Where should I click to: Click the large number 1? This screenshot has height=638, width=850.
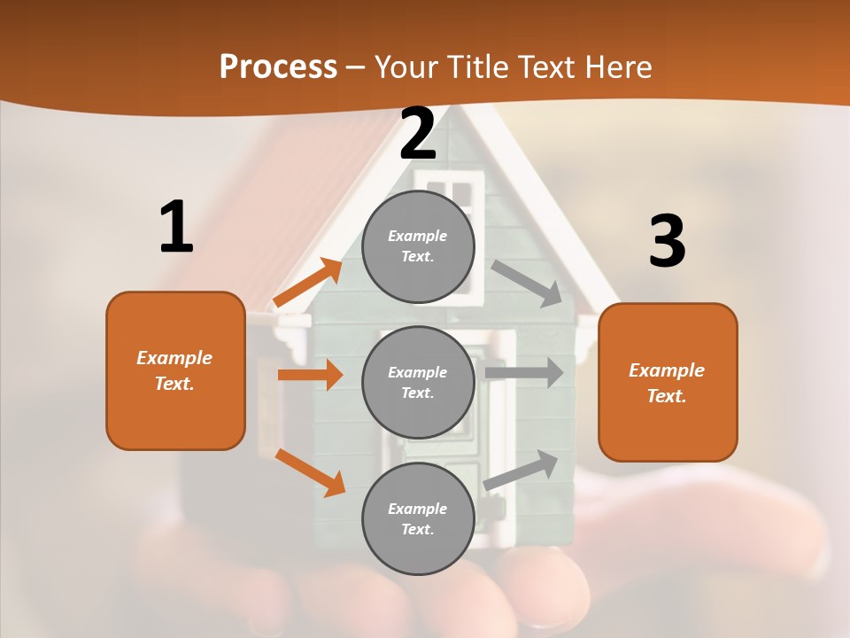coord(176,228)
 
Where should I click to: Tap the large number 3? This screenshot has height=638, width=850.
coord(667,243)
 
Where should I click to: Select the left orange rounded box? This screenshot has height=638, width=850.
coord(175,370)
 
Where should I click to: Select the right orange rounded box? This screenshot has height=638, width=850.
coord(668,382)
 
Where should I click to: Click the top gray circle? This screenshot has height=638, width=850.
coord(418,246)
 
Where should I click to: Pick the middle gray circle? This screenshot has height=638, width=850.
coord(418,382)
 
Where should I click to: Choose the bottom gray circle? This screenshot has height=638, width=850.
coord(418,518)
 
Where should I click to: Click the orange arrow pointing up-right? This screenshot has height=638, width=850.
coord(308,282)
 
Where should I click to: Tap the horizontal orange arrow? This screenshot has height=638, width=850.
coord(310,375)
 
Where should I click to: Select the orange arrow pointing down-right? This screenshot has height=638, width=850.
coord(310,472)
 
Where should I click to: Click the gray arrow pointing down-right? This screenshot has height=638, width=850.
coord(527,283)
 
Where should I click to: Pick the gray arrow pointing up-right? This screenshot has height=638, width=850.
coord(521,471)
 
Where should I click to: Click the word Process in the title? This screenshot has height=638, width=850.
coord(278,67)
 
